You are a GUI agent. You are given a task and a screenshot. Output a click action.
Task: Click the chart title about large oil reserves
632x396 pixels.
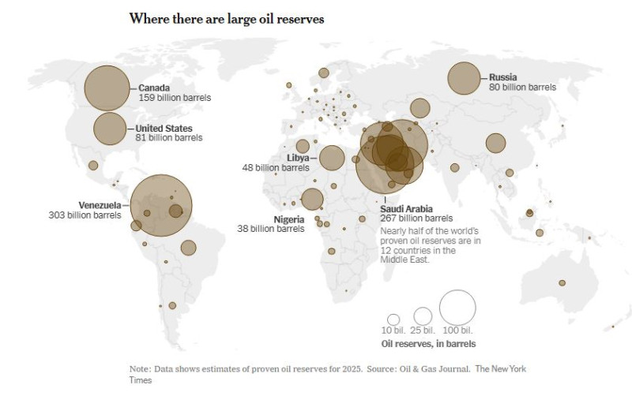[227, 18]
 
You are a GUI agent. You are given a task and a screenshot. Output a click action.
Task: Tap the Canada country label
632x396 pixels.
[155, 88]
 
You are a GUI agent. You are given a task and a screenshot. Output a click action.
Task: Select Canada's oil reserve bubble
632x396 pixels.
[106, 88]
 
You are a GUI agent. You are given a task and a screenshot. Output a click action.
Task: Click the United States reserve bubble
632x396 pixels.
[110, 129]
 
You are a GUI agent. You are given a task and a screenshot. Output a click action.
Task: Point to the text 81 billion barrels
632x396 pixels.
[169, 137]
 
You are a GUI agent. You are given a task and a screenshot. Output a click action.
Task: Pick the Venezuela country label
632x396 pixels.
[100, 205]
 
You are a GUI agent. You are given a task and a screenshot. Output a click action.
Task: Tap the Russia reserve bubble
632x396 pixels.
[464, 78]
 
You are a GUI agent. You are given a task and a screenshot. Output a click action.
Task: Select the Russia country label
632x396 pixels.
[503, 77]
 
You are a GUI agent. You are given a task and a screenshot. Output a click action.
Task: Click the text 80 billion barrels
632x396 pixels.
[522, 87]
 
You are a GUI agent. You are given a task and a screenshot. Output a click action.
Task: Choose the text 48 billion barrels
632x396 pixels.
[276, 167]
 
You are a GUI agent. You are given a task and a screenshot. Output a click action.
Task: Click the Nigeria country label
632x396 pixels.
[289, 219]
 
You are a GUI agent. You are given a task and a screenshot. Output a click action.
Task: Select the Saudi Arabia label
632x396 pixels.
[406, 208]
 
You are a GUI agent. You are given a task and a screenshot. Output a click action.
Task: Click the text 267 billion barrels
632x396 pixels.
[416, 218]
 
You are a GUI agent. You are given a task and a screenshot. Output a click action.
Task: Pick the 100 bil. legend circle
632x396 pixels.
[457, 308]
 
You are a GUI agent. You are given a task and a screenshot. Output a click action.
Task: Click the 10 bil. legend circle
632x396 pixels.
[393, 319]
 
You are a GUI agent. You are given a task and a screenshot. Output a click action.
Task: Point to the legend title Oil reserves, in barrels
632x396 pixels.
[428, 344]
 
